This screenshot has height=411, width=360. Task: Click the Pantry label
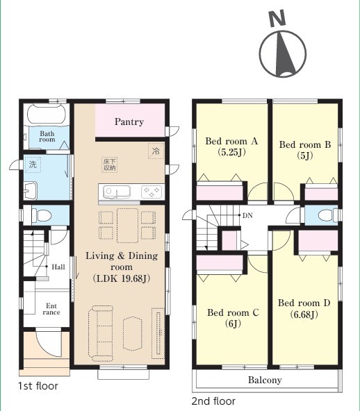129,122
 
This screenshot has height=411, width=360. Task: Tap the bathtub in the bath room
46,114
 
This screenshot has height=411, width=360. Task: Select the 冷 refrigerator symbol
156,151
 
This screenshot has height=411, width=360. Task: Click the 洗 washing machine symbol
33,165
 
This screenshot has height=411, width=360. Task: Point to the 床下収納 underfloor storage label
109,165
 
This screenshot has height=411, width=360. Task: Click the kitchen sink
117,192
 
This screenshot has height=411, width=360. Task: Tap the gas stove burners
152,192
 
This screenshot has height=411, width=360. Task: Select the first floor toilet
41,215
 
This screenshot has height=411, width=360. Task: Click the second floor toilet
328,215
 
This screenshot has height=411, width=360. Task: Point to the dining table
127,226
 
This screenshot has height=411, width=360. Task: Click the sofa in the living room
101,333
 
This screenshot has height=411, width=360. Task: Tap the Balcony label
265,380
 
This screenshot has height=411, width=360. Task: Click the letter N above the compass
277,18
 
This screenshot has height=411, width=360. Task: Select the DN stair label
247,215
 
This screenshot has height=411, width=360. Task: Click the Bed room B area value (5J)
305,156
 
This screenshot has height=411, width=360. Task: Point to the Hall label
58,267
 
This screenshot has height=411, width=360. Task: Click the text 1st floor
38,386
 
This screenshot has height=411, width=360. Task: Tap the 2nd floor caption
213,401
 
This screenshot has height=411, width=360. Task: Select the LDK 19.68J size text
122,278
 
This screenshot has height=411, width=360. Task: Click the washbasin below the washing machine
31,190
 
